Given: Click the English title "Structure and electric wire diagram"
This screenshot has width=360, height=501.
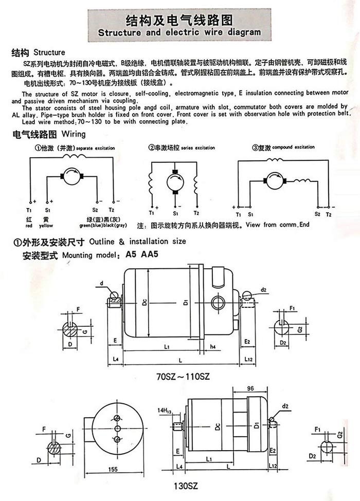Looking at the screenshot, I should pos(179,31).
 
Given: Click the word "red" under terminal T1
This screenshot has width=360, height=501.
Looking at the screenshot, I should pos(29,226).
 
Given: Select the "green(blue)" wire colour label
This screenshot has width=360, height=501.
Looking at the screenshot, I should pos(91,226).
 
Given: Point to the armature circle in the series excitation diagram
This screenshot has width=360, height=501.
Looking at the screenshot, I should pos(175,182).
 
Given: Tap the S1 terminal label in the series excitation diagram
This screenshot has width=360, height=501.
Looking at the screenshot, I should pos(175,213).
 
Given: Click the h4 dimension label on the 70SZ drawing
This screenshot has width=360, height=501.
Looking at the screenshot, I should pos(213,347).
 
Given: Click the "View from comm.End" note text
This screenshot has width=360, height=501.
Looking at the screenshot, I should pos(278,225).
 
